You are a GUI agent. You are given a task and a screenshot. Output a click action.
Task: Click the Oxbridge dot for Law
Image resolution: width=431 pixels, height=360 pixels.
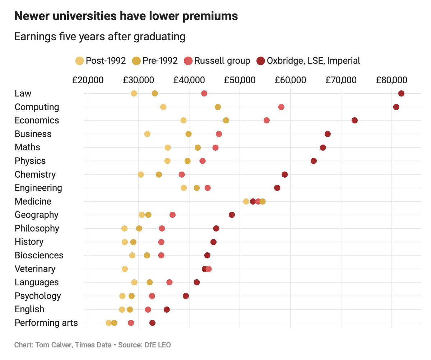point(401,94)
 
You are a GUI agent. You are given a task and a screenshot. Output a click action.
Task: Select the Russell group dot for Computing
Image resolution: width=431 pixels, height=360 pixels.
point(281,107)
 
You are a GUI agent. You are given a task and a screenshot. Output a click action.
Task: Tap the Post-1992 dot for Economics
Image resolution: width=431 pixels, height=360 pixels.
point(184,120)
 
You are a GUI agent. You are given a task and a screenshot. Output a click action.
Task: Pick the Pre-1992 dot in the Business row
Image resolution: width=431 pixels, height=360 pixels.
point(189,134)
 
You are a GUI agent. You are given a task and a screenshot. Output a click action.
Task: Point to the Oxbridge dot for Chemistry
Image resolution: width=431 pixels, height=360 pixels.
point(285,174)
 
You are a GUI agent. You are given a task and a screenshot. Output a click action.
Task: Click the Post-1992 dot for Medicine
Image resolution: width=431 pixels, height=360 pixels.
point(246,201)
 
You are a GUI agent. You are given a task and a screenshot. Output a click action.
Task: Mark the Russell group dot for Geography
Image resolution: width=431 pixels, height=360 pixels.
point(172,215)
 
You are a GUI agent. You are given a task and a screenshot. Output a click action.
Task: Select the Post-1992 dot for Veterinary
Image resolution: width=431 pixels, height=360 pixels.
point(125,269)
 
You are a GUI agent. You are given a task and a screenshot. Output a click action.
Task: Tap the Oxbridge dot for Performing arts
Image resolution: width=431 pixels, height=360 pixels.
point(152,323)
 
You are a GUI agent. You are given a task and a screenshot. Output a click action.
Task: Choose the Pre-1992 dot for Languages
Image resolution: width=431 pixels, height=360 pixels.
point(150,282)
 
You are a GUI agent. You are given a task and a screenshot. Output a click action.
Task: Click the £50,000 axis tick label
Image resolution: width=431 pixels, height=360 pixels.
point(240,80)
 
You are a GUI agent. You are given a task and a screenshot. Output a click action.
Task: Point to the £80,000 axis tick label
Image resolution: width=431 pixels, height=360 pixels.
point(391,80)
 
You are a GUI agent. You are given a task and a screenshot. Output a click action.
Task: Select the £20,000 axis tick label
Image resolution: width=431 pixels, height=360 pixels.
point(88,80)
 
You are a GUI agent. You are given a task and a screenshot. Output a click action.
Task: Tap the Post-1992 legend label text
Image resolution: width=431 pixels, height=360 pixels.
point(106,61)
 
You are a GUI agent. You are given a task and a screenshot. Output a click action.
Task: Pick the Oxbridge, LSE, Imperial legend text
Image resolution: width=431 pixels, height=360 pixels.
point(313,61)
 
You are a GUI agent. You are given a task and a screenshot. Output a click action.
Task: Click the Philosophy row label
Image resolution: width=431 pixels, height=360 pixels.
point(37,228)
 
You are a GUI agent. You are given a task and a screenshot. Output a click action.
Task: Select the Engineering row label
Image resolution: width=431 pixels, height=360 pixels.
point(38,188)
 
